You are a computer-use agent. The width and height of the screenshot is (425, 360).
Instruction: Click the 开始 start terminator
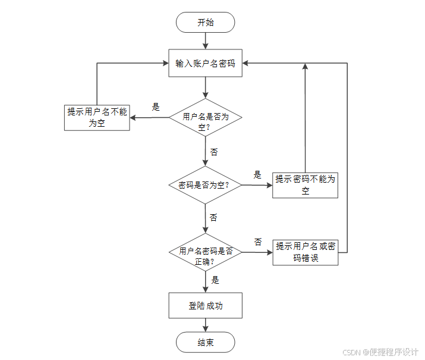coord(206,23)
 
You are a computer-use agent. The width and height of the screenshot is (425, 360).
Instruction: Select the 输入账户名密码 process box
coord(206,63)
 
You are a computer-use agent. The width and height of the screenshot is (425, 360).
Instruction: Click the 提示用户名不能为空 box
coord(97,117)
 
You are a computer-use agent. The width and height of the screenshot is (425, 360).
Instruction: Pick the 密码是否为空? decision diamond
coord(206,185)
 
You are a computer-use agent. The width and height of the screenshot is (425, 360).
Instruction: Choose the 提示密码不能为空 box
coord(306,185)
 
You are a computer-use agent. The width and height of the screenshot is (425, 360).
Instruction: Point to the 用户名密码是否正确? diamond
coord(206,252)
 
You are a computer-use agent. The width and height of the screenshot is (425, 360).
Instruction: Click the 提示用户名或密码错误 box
coord(306,252)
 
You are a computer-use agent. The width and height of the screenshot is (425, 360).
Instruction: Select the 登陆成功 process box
coord(206,306)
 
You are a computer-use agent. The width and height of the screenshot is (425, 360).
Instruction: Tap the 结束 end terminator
coord(206,342)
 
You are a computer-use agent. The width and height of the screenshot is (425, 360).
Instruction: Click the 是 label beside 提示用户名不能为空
coord(156,107)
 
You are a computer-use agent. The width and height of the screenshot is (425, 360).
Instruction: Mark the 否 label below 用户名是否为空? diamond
coord(214,152)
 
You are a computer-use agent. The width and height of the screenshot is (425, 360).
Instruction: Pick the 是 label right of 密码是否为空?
coord(257,175)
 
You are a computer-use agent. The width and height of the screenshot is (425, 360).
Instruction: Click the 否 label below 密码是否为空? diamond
coord(213,217)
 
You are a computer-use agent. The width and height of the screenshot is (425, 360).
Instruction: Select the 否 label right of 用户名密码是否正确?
coord(258,242)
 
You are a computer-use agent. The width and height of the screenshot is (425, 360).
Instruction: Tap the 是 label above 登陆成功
coord(215,280)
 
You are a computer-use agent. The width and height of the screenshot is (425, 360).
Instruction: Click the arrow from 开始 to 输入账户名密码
coord(206,40)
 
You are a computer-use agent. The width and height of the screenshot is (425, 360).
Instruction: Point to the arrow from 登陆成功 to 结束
coord(206,325)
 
